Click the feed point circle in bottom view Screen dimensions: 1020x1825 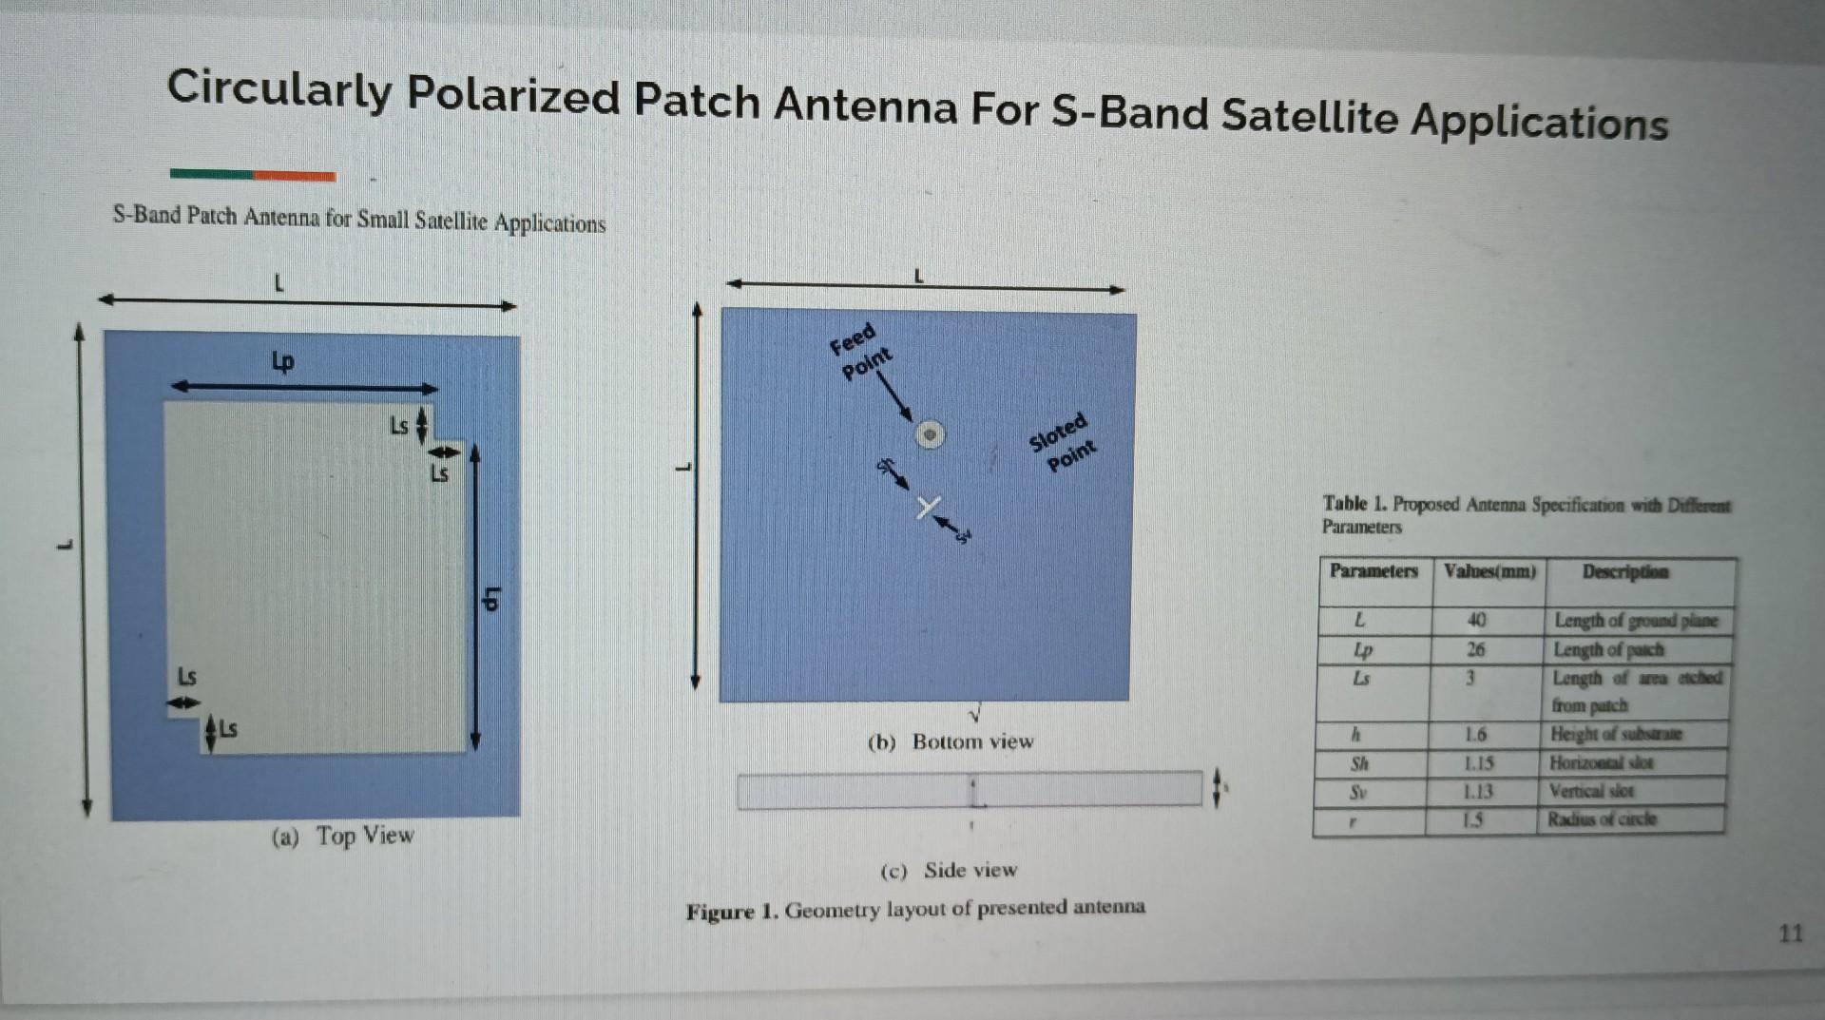930,434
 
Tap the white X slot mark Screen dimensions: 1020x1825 929,508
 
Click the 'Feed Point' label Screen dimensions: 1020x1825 860,351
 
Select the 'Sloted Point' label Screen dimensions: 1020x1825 1063,443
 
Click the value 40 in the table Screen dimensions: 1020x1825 1476,620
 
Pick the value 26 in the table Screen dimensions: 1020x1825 1475,649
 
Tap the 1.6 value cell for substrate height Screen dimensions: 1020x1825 1475,734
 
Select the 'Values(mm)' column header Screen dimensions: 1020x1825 1489,571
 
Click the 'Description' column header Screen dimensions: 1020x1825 1624,571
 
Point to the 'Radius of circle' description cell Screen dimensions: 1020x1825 1602,818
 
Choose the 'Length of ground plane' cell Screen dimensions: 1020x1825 1636,621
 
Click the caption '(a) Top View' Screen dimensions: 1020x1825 343,836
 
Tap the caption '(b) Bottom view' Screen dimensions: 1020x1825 951,741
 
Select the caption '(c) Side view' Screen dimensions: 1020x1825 949,870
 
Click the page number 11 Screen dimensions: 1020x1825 1790,933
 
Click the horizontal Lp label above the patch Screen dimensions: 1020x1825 283,361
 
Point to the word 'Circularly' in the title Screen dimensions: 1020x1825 279,89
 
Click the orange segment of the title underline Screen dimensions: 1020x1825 294,176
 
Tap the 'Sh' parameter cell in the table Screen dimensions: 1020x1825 1360,762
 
